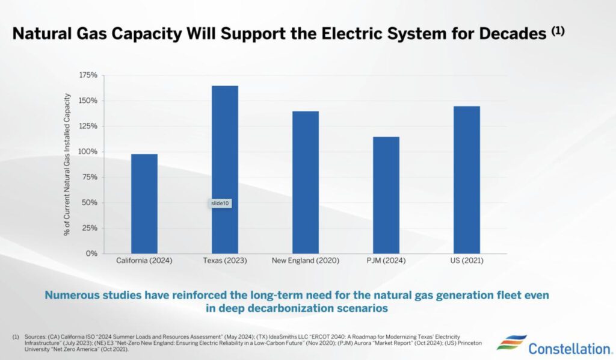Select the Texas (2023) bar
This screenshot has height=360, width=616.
tap(225, 169)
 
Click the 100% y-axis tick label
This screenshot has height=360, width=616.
tap(88, 152)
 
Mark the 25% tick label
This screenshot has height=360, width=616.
tap(90, 228)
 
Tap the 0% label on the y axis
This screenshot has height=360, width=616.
tap(91, 253)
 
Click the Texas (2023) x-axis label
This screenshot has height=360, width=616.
tap(225, 261)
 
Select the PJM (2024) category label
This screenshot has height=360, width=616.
tap(386, 261)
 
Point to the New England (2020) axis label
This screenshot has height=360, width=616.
tap(306, 261)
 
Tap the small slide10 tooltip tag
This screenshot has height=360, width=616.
tap(220, 203)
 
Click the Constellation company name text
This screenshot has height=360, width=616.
tap(569, 348)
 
